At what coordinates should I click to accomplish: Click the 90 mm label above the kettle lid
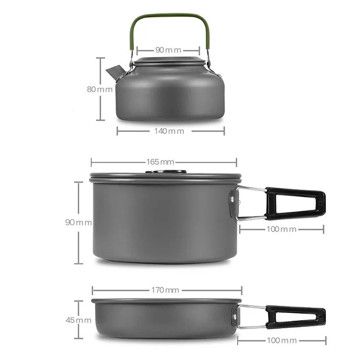point(168,50)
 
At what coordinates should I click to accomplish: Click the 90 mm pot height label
point(78,222)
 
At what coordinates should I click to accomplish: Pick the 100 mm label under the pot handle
point(282,229)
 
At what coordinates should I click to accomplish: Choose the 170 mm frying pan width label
point(166,289)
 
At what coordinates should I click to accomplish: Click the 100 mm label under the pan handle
point(282,340)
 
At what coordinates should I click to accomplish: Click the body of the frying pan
point(163,319)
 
